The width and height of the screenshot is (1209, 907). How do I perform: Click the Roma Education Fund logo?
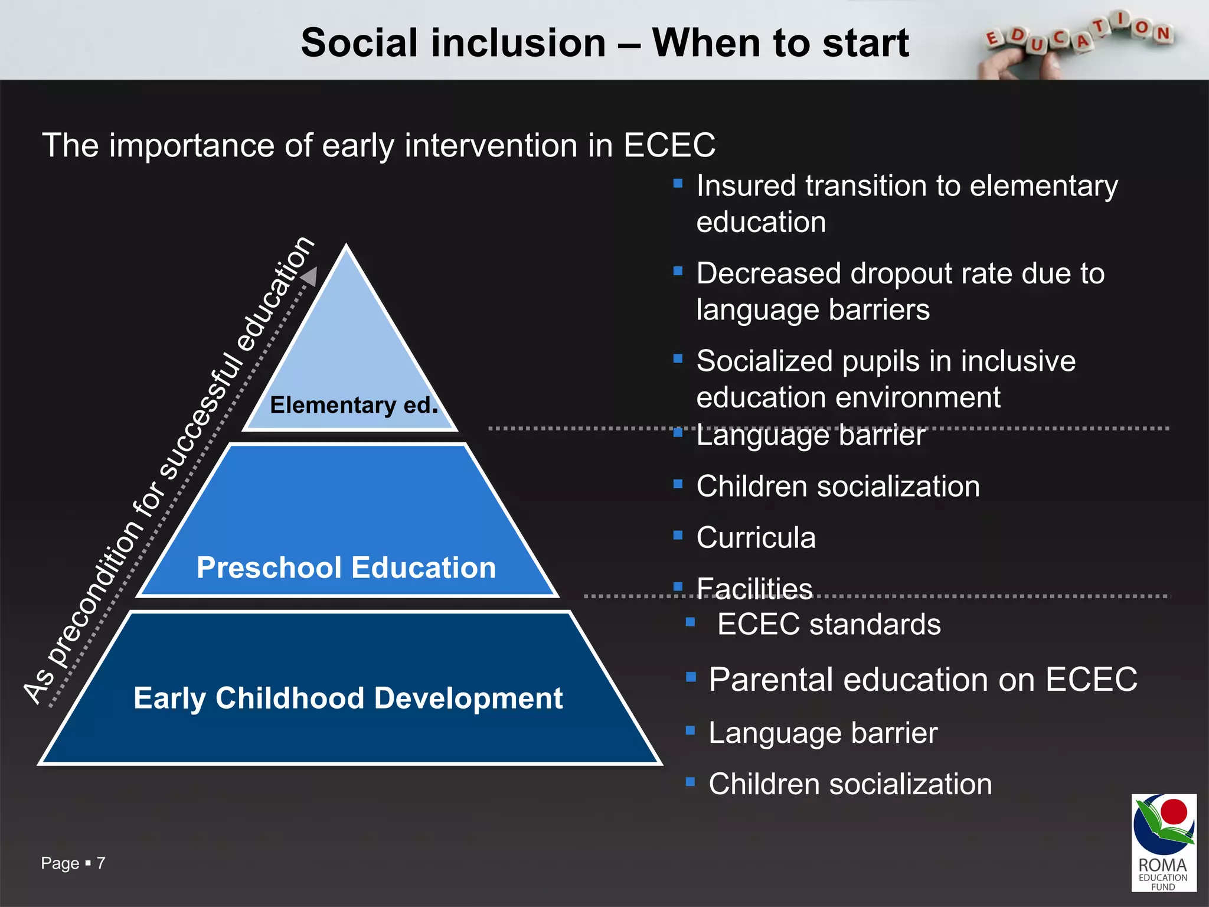[1164, 841]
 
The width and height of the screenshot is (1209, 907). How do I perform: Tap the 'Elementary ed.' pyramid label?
[354, 405]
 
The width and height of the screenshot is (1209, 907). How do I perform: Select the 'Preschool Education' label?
[347, 567]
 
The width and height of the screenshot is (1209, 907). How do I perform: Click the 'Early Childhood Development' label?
[348, 698]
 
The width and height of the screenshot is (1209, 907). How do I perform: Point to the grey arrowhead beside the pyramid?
[309, 276]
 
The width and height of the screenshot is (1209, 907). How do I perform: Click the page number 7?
[101, 863]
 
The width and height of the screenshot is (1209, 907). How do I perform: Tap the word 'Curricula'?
[756, 538]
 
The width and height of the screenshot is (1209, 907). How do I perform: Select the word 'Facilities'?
[754, 589]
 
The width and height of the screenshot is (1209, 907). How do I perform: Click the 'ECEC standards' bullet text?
[828, 624]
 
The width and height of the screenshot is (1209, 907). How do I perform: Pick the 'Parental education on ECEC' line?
[923, 680]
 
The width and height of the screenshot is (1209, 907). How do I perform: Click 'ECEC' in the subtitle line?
[669, 145]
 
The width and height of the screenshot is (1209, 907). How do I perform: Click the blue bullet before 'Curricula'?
[678, 535]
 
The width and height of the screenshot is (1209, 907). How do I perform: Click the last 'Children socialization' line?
[850, 784]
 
